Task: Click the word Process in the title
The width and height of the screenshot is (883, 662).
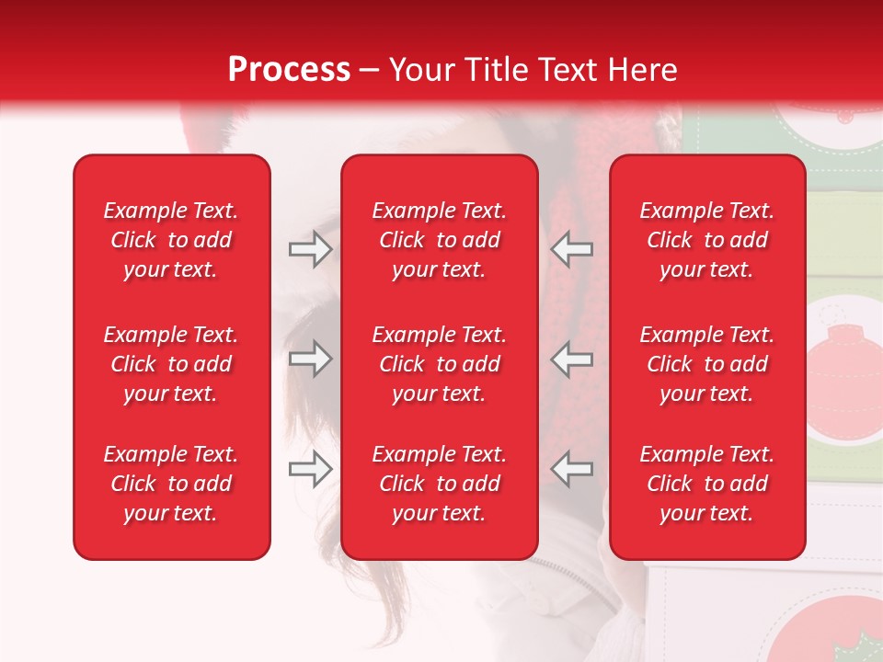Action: (289, 70)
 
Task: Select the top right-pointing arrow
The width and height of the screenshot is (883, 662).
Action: (311, 249)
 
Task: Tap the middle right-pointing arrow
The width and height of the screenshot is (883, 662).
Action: (311, 359)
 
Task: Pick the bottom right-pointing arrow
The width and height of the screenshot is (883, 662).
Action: (311, 470)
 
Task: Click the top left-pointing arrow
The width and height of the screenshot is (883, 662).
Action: (572, 249)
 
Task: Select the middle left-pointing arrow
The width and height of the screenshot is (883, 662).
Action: (572, 359)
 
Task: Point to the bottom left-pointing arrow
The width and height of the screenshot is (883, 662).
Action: (572, 470)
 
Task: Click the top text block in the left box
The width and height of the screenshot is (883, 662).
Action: (171, 240)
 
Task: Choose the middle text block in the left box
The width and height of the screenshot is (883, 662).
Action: (171, 364)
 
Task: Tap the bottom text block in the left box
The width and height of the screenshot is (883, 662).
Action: (171, 484)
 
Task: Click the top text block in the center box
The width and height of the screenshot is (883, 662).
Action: (439, 240)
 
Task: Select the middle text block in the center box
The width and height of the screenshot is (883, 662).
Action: (439, 364)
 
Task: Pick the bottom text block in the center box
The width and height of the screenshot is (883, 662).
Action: (439, 484)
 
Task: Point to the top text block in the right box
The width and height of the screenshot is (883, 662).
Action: (706, 240)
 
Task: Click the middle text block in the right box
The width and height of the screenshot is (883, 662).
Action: (706, 364)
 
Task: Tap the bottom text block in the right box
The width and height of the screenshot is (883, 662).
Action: (706, 484)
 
